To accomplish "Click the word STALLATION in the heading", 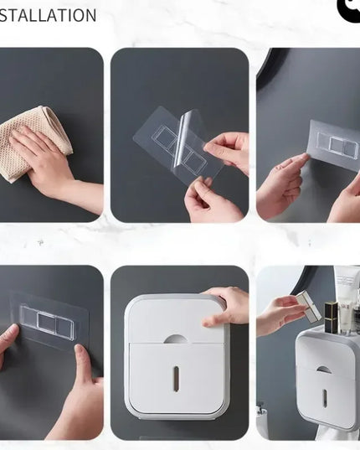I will pyautogui.click(x=49, y=15).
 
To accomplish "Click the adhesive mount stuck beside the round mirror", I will pyautogui.click(x=333, y=144).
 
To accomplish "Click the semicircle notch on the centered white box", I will pyautogui.click(x=176, y=339).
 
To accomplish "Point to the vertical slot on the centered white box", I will pyautogui.click(x=176, y=377).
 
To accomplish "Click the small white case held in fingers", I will pyautogui.click(x=308, y=307).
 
